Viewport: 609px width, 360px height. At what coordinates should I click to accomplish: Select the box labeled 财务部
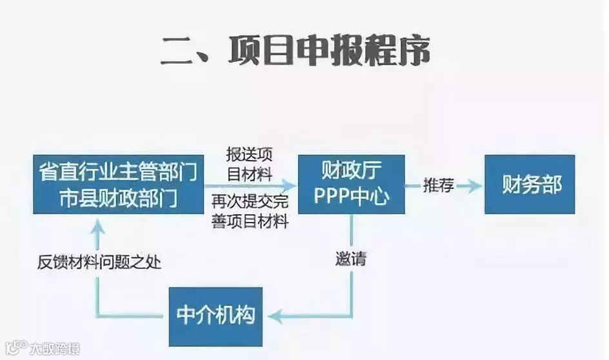[x=530, y=185]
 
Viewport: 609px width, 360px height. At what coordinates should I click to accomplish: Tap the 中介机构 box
[x=215, y=316]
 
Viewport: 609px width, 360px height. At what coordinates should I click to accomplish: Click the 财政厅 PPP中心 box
[x=352, y=185]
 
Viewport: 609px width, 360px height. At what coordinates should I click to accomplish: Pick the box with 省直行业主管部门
[x=118, y=185]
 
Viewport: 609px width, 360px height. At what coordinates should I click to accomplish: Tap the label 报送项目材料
[x=249, y=164]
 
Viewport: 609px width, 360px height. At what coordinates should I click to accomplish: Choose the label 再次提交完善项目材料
[x=250, y=211]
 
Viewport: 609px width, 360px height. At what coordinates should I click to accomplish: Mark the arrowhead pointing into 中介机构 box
[x=274, y=316]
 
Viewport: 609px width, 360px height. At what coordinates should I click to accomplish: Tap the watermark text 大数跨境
[x=55, y=349]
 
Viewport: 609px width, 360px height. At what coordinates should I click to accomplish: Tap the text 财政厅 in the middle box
[x=352, y=171]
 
